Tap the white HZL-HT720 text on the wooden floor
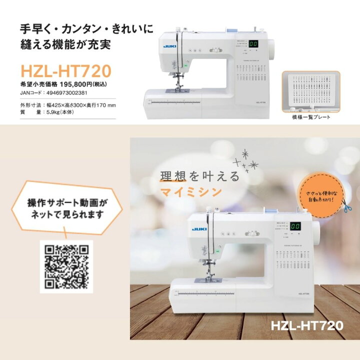(x=307, y=325)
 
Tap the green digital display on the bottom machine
(x=295, y=226)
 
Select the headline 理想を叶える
(x=200, y=176)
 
